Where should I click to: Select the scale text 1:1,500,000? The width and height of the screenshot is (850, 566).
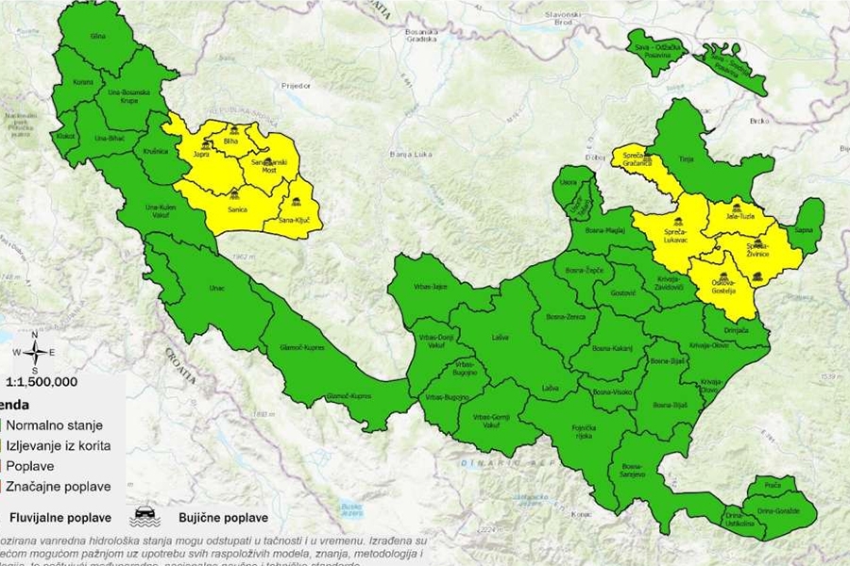(42, 382)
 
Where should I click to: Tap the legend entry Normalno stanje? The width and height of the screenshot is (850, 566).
(56, 424)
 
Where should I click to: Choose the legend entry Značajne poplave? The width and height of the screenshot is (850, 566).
(59, 487)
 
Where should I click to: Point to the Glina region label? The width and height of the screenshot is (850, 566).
(96, 35)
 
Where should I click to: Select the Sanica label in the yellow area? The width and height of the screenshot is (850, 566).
(237, 209)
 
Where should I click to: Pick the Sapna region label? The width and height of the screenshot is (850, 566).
(805, 227)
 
